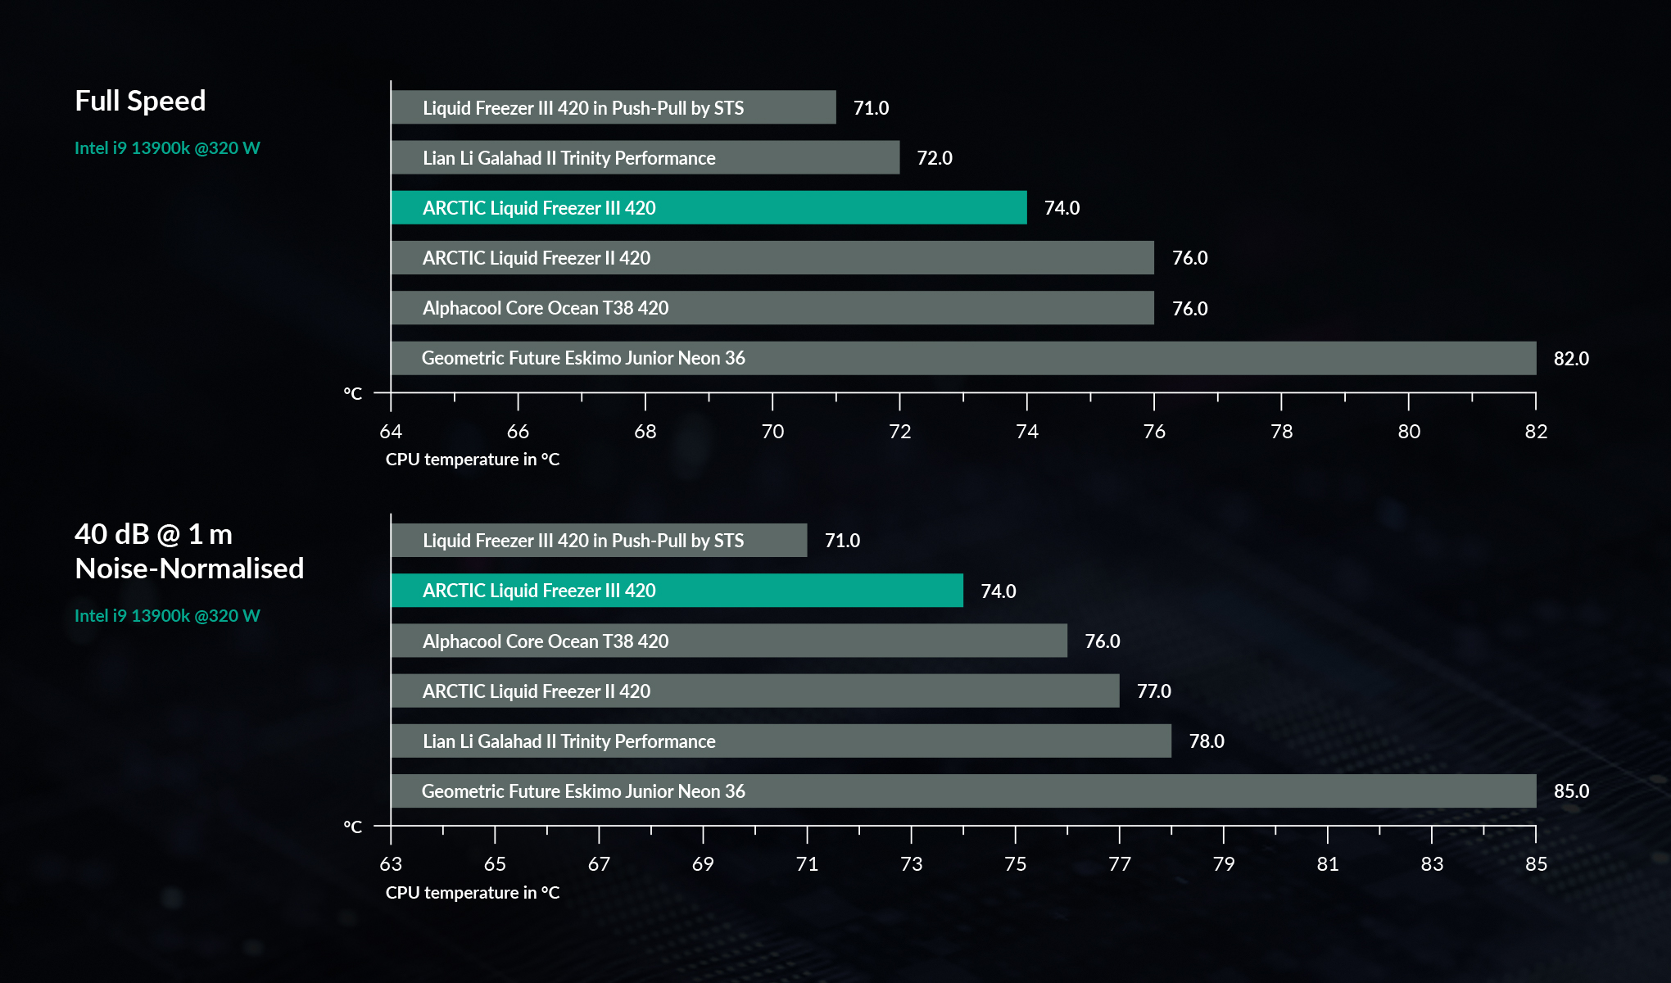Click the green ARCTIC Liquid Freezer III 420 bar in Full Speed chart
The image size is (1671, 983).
click(x=709, y=208)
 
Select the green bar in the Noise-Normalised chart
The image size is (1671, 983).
click(x=677, y=591)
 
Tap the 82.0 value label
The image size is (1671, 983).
click(x=1571, y=359)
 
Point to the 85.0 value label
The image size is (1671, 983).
click(x=1571, y=791)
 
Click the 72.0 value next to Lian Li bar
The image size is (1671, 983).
click(x=934, y=158)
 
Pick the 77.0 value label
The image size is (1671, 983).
click(x=1153, y=691)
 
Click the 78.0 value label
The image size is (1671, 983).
click(x=1206, y=741)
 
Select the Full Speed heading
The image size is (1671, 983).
click(x=140, y=101)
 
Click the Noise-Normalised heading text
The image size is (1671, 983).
click(x=189, y=569)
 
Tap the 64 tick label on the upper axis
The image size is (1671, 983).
click(x=391, y=432)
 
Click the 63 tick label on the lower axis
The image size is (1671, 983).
click(x=391, y=864)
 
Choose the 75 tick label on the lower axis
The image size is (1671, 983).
click(x=1015, y=864)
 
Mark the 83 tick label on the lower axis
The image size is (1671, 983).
click(x=1431, y=864)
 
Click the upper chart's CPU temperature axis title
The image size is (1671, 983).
click(x=473, y=460)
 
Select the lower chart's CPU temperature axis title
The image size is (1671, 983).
click(x=473, y=893)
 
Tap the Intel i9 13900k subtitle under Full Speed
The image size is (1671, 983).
click(x=167, y=148)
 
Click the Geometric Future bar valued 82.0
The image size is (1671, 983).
click(x=963, y=359)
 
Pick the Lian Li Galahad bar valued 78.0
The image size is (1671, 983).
click(x=781, y=741)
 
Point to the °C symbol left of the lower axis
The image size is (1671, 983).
click(x=352, y=827)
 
